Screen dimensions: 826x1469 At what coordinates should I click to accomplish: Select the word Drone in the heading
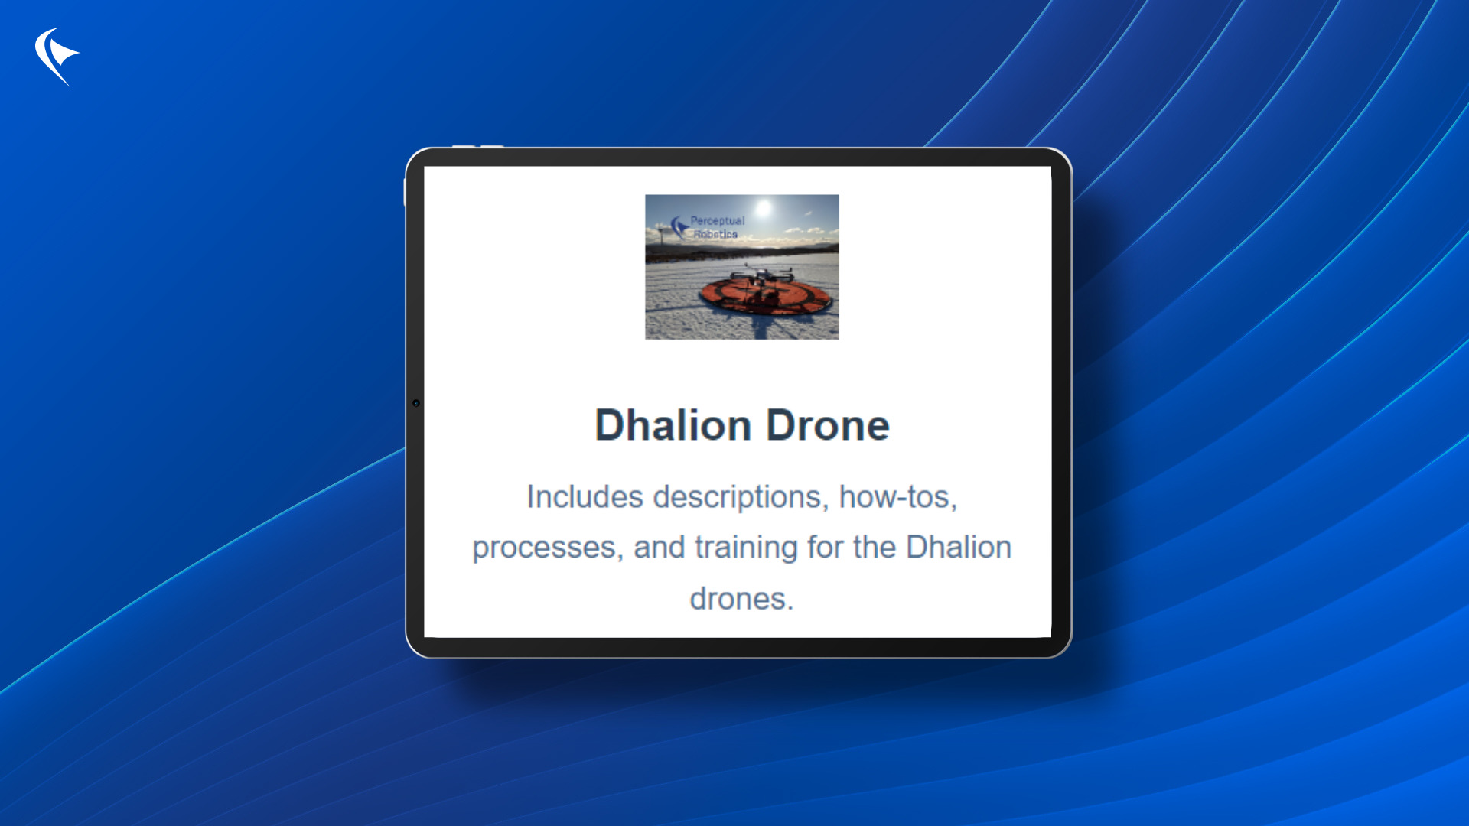click(828, 425)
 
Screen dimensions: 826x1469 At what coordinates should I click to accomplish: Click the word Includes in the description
click(585, 497)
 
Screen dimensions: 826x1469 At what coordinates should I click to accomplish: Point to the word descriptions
click(741, 497)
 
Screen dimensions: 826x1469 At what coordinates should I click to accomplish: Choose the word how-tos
click(897, 497)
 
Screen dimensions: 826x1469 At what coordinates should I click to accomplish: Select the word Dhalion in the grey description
click(959, 548)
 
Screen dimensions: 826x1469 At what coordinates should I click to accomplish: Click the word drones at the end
click(741, 599)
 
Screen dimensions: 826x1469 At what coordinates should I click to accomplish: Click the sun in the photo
click(763, 208)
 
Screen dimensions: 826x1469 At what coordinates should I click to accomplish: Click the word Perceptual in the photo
click(717, 221)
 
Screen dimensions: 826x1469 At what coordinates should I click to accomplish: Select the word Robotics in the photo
click(715, 234)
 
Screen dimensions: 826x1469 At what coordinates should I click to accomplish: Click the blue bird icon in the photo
click(679, 226)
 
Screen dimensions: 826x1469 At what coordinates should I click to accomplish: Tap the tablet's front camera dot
click(416, 403)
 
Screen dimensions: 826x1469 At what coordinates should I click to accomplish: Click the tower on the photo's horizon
click(661, 234)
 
